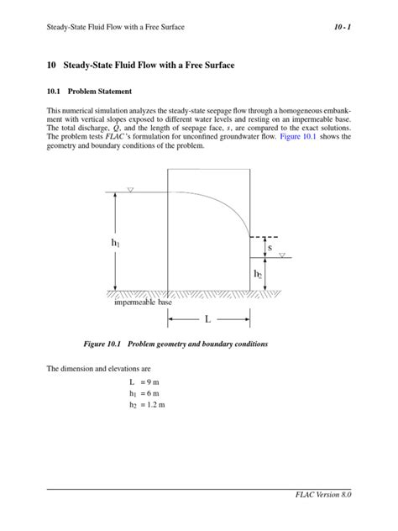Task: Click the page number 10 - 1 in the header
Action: (341, 28)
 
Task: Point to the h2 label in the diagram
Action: (258, 274)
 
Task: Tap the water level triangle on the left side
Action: (130, 191)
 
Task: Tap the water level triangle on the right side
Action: (282, 255)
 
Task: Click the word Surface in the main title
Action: (213, 65)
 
